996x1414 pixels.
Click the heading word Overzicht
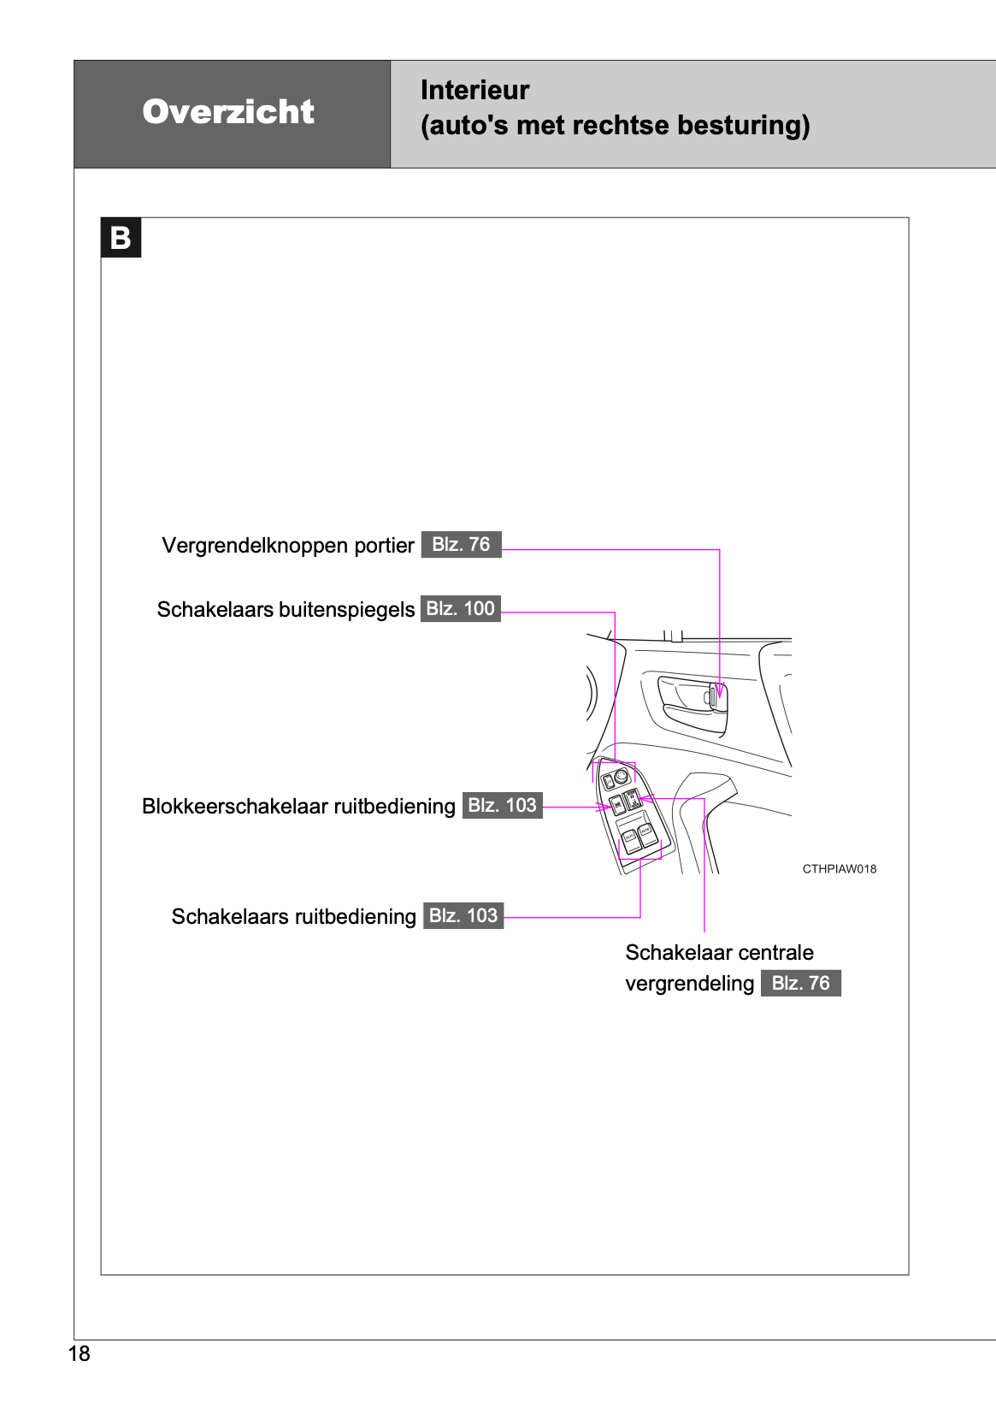pos(228,112)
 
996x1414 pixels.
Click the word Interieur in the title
pos(474,90)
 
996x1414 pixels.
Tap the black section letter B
pos(121,238)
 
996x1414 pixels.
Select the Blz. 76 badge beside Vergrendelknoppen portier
pos(461,545)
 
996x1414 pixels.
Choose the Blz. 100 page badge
pos(460,609)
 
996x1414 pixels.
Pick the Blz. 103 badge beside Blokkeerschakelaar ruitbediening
pos(502,806)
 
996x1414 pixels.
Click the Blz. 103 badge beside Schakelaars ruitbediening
pos(463,916)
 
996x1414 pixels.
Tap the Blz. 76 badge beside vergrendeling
pos(800,984)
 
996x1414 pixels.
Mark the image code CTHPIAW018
pos(839,869)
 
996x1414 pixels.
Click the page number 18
pos(79,1353)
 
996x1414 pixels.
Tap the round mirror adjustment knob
pos(621,777)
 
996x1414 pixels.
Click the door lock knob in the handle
pos(711,696)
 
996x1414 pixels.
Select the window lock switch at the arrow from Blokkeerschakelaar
pos(616,805)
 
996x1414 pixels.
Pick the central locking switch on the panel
pos(633,801)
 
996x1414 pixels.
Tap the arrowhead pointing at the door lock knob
pos(720,692)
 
